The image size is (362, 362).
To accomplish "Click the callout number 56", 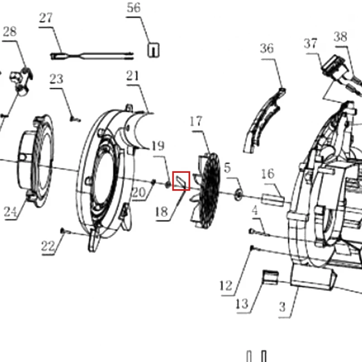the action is click(133, 8).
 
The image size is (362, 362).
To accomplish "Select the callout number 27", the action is click(46, 18).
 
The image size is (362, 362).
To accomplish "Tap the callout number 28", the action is click(10, 31).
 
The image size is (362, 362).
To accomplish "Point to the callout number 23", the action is click(56, 79).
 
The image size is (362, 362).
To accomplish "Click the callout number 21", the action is click(133, 76).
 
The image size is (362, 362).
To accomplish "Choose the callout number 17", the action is click(196, 121).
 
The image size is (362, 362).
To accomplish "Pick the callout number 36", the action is click(267, 48).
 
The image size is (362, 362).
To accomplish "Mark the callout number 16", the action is click(268, 174).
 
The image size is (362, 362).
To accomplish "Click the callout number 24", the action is click(10, 211).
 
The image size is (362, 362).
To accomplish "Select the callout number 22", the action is click(48, 246).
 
